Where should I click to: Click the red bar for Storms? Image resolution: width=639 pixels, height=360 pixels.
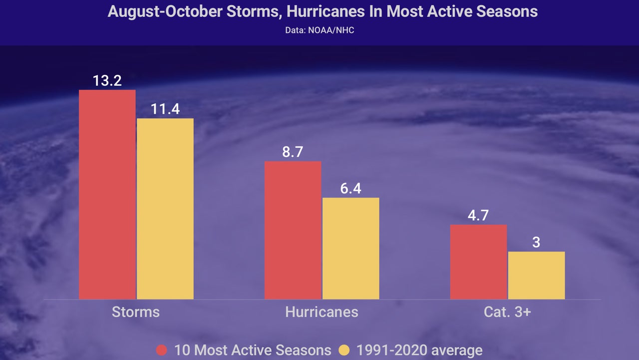coord(107,195)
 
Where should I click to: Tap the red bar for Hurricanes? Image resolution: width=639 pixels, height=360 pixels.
coord(293,230)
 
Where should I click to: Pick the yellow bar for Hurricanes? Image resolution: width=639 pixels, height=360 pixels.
coord(351,248)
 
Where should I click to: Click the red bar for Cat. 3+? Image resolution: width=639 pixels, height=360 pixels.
coord(478,262)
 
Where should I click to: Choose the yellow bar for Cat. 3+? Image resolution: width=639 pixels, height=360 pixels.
coord(537,275)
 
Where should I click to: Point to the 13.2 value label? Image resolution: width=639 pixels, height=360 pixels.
coord(107,81)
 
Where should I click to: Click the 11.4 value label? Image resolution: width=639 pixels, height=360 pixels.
coord(165,109)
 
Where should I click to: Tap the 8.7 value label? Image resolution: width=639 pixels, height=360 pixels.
coord(293,152)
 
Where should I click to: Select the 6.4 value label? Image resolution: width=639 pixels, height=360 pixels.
coord(351,189)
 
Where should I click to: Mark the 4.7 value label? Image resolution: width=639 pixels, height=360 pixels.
coord(478,216)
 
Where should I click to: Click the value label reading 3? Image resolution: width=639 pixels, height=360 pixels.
coord(537,243)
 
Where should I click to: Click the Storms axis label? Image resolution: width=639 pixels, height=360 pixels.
coord(136,312)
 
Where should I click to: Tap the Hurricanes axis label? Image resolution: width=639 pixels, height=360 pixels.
coord(321,312)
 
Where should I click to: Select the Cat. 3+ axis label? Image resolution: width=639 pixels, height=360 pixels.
coord(507,312)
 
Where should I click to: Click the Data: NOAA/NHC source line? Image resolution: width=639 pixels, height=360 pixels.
coord(319,30)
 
